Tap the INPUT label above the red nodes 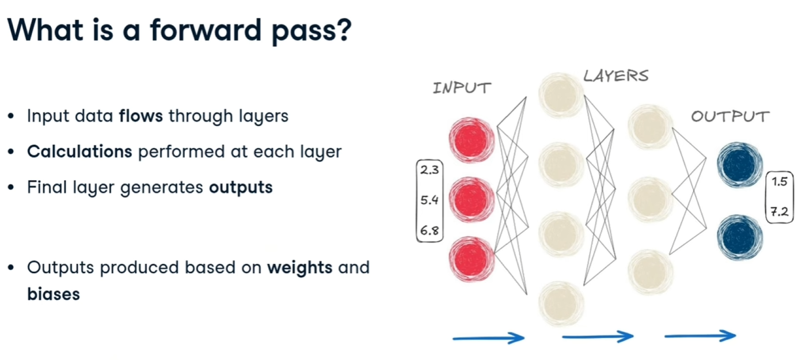[462, 88]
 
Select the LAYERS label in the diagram [615, 75]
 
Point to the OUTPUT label [730, 117]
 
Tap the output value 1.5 [780, 183]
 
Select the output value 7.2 [780, 213]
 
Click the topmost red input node [472, 139]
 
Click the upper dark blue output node [740, 165]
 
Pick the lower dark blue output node [740, 237]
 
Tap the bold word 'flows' [141, 116]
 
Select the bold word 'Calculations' [79, 151]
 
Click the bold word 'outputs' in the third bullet [240, 188]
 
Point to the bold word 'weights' [299, 268]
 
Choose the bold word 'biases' [53, 294]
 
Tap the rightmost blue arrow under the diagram [700, 336]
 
